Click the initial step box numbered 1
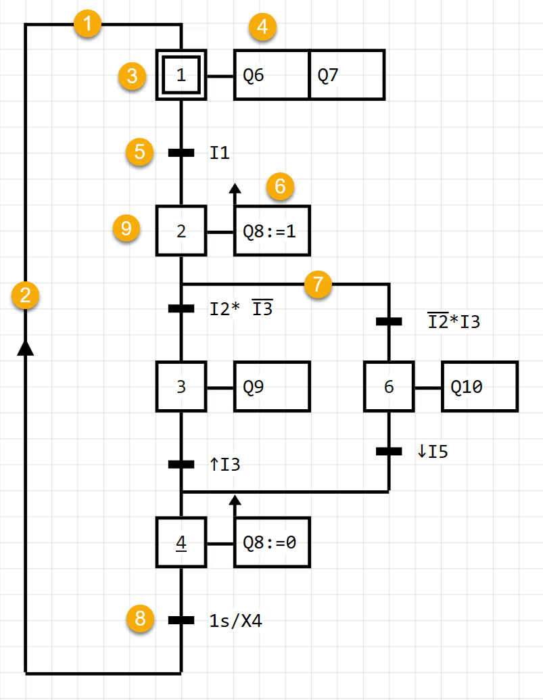pyautogui.click(x=181, y=75)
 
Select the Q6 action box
pyautogui.click(x=271, y=75)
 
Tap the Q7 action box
pyautogui.click(x=346, y=75)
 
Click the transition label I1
pyautogui.click(x=220, y=153)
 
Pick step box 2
pyautogui.click(x=181, y=231)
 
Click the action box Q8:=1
pyautogui.click(x=272, y=231)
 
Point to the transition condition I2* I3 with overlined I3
pyautogui.click(x=241, y=309)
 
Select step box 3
pyautogui.click(x=181, y=387)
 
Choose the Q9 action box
pyautogui.click(x=272, y=387)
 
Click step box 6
pyautogui.click(x=389, y=387)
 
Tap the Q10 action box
pyautogui.click(x=479, y=387)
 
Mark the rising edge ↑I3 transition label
pyautogui.click(x=225, y=465)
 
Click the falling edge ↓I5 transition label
pyautogui.click(x=433, y=452)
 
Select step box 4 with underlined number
pyautogui.click(x=181, y=542)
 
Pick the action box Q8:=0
pyautogui.click(x=272, y=542)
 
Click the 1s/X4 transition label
pyautogui.click(x=235, y=620)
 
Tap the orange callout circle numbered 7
pyautogui.click(x=318, y=284)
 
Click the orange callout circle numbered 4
pyautogui.click(x=263, y=28)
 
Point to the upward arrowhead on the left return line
pyautogui.click(x=25, y=347)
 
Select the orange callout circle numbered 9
pyautogui.click(x=126, y=229)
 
